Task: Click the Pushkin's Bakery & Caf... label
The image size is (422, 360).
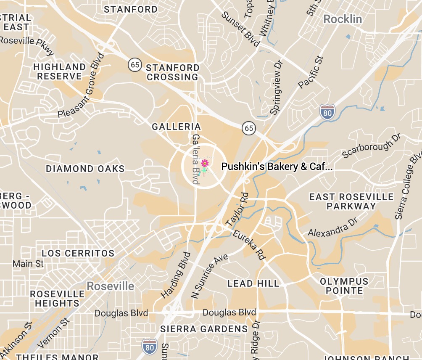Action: point(277,167)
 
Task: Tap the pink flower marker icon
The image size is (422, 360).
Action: point(205,163)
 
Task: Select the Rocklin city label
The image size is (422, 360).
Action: point(343,19)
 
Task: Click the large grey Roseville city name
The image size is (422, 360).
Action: point(111,286)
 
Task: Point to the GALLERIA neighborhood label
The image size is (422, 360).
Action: point(177,127)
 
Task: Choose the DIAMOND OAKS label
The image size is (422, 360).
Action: point(85,169)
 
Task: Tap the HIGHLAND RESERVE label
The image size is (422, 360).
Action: point(59,71)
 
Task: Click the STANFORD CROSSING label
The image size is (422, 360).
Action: point(172,72)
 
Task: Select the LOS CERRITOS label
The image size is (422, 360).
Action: point(78,253)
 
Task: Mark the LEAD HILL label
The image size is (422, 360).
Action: point(253,283)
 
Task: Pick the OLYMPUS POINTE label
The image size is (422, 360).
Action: point(344,286)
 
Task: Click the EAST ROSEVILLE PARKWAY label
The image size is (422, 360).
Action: point(351,201)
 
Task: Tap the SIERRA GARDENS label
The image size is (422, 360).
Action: point(204,329)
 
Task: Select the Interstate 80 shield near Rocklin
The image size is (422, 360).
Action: point(327,112)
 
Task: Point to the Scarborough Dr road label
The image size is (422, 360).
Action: point(372,146)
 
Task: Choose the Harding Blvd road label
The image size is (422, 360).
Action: point(176,275)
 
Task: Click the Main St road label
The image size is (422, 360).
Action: point(28,264)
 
